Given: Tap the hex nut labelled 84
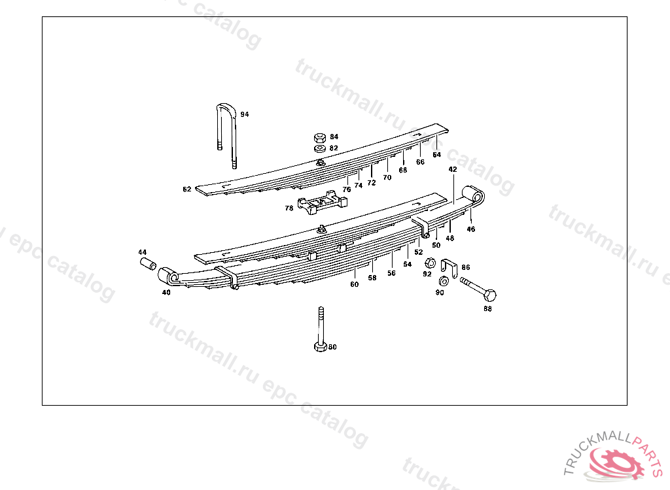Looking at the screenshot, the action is (320, 138).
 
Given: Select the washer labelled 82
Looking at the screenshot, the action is (320, 149).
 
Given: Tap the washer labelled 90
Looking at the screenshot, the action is (443, 282).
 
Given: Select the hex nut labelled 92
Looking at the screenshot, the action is (431, 263).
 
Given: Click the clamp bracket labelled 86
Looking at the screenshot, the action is (448, 268).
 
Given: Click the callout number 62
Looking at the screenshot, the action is (187, 189).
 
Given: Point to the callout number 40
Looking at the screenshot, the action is (166, 293).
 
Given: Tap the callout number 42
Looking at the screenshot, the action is (453, 169).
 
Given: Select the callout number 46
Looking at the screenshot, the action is (471, 229).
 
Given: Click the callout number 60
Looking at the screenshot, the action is (354, 285).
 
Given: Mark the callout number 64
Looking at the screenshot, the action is (436, 155).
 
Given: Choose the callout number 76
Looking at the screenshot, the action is (347, 189).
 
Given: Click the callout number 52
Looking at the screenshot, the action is (419, 252).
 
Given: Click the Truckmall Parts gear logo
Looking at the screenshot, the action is (614, 461).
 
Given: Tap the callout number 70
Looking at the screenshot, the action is (387, 177).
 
